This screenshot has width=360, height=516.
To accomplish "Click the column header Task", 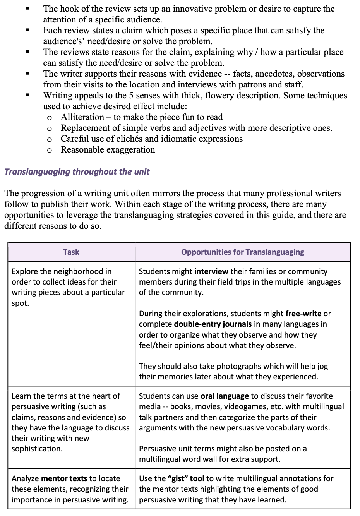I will [x=71, y=252].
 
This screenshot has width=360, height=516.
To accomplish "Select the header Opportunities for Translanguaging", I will [x=242, y=252].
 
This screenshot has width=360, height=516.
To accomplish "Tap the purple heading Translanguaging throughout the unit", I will [x=77, y=172].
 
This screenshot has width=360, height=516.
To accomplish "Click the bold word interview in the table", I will [x=211, y=272].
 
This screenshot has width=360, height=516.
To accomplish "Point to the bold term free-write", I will [x=303, y=314].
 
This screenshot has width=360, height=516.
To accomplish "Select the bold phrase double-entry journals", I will [x=213, y=324].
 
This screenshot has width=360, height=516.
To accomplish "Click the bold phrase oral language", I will [x=225, y=396].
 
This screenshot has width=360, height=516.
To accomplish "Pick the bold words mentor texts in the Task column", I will [x=64, y=478].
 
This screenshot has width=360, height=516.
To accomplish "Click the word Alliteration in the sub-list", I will [x=82, y=117].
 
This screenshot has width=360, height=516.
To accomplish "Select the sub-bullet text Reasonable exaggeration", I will [x=108, y=150].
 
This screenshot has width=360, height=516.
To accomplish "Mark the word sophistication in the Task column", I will [x=37, y=449].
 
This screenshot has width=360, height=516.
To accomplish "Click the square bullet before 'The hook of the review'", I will [x=27, y=9].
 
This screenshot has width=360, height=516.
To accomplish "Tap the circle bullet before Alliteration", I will [x=50, y=118].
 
